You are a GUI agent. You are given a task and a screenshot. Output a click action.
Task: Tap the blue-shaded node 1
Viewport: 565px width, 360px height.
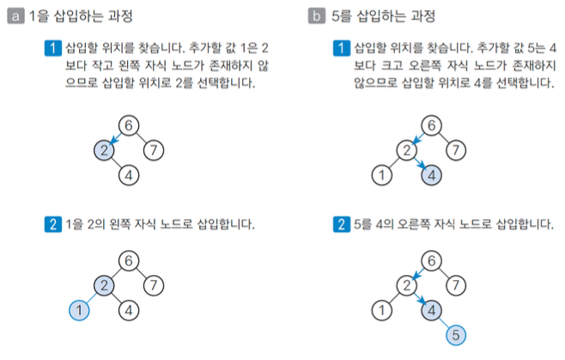coord(79,310)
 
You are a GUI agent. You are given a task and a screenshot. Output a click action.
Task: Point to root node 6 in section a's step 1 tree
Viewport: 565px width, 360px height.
coord(128,126)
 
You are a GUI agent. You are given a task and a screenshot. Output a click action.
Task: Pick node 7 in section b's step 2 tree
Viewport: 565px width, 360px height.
coord(457,284)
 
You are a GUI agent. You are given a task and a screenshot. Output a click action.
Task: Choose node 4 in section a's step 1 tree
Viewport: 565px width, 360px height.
coord(128,177)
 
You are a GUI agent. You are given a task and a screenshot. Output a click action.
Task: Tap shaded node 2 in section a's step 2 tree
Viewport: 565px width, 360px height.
coord(104,284)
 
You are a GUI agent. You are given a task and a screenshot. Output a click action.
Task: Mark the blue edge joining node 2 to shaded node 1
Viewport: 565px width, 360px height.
coord(91,297)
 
